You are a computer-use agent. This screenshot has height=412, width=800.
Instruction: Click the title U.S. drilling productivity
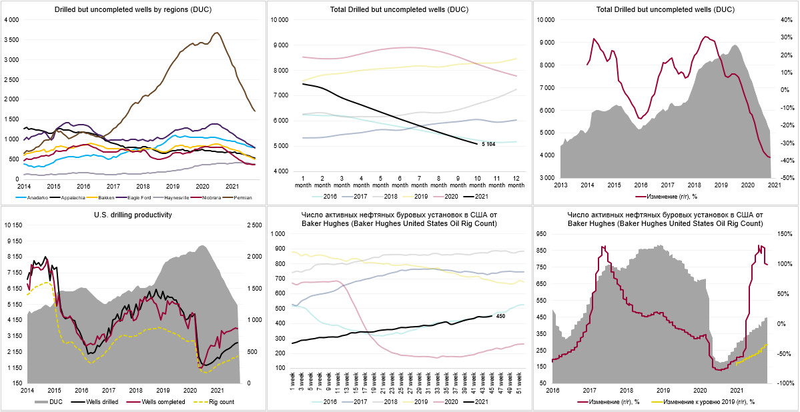(x=133, y=215)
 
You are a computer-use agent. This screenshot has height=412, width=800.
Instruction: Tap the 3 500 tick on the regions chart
(x=11, y=40)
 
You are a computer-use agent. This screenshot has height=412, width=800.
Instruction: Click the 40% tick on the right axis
(x=784, y=21)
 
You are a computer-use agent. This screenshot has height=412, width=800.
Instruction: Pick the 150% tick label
(x=784, y=234)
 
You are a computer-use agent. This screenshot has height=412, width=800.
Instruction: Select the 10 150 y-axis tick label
(x=13, y=225)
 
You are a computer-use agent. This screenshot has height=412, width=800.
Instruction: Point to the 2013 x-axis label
(x=560, y=184)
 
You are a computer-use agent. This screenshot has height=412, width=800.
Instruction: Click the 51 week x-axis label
(x=519, y=379)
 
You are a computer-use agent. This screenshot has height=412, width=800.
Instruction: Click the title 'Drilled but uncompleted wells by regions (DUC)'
(x=133, y=9)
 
